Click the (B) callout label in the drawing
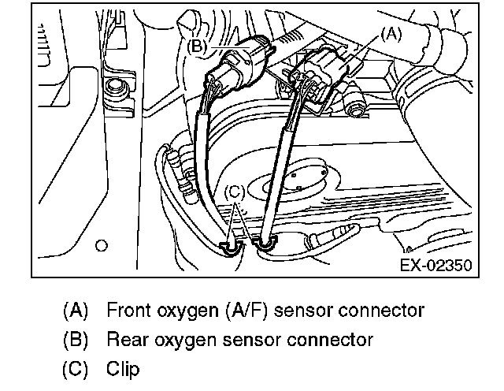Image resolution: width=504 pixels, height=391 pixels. pyautogui.click(x=199, y=47)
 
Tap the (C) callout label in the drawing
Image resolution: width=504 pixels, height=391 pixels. pyautogui.click(x=235, y=191)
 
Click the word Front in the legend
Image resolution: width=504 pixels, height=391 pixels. pyautogui.click(x=127, y=310)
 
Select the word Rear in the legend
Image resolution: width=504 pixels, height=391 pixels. pyautogui.click(x=124, y=340)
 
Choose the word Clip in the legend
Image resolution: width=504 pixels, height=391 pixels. pyautogui.click(x=121, y=369)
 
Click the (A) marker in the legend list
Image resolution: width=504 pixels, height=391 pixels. pyautogui.click(x=76, y=310)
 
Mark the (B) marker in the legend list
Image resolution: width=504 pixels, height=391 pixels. pyautogui.click(x=76, y=340)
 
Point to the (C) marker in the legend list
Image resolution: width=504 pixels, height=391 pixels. pyautogui.click(x=76, y=369)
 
